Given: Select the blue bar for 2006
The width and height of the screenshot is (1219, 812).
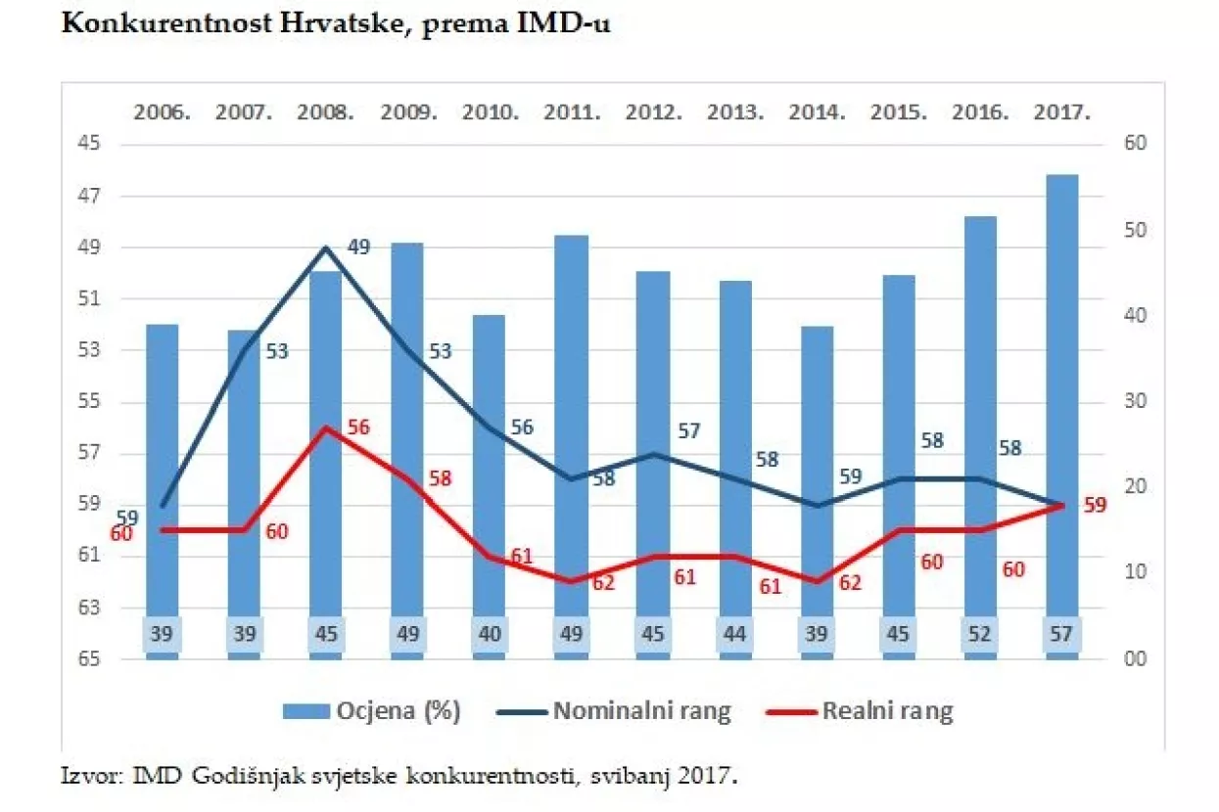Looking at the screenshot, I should [163, 470].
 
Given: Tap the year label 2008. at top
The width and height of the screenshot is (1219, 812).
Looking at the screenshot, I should [325, 113].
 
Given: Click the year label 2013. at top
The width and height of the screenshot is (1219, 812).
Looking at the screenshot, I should [734, 113].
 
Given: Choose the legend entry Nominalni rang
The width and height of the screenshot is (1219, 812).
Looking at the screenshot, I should [641, 711].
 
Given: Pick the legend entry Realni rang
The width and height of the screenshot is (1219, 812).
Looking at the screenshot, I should [887, 711].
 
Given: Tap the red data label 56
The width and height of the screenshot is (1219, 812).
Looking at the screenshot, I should [358, 428].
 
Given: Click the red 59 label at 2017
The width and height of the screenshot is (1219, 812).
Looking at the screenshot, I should [1095, 506].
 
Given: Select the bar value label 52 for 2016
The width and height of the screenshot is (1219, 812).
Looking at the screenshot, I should [980, 633].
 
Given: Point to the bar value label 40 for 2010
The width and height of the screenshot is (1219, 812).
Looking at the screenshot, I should [490, 633].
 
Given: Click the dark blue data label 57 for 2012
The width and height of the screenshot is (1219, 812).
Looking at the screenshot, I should [689, 431].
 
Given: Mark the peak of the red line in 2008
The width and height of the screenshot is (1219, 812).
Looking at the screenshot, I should [326, 428].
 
